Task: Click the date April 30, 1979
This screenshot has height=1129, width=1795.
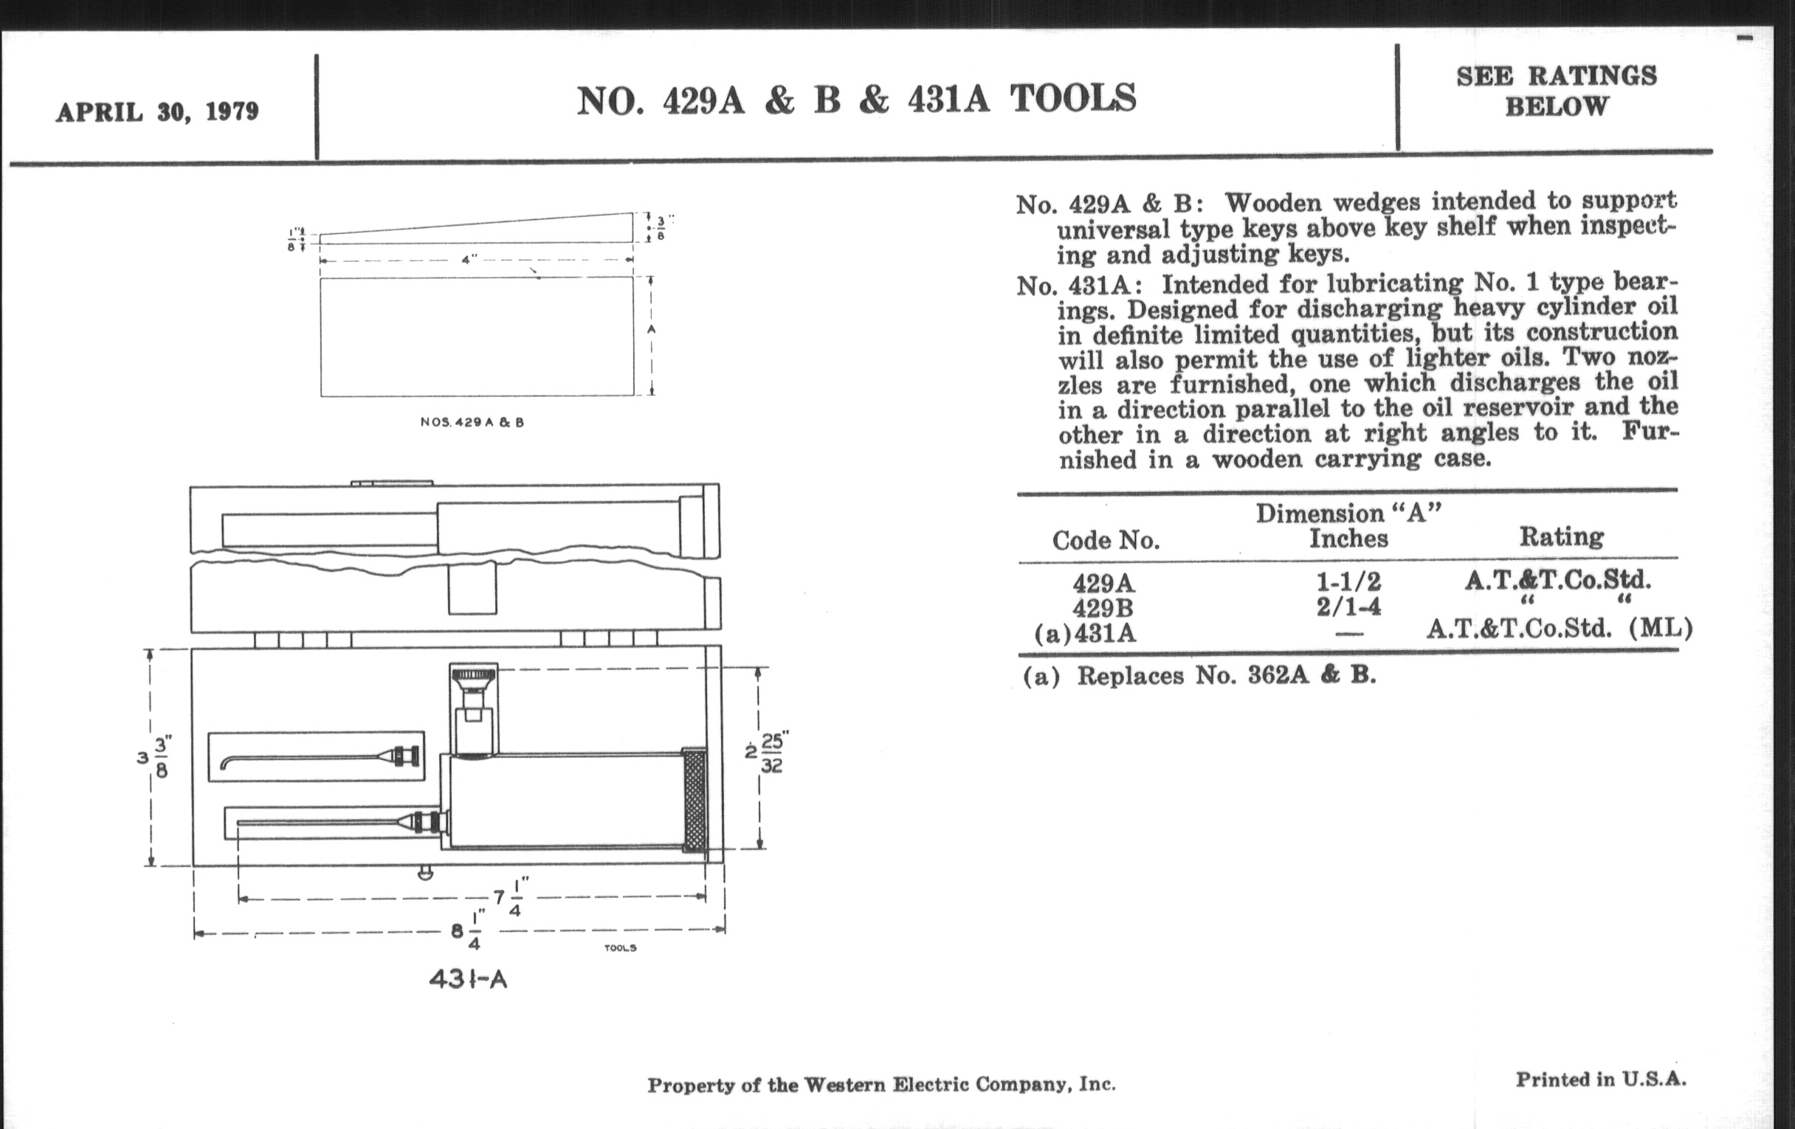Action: coord(157,111)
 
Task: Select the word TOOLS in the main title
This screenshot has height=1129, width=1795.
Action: coord(1072,98)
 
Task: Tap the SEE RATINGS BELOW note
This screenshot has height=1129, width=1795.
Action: coord(1557,91)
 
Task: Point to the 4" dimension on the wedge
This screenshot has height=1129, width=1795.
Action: coord(469,260)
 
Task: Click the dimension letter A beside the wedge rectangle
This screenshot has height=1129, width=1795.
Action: coord(652,329)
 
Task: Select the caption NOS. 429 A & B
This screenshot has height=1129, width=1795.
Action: coord(472,423)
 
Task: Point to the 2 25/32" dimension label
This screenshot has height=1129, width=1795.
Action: coord(767,753)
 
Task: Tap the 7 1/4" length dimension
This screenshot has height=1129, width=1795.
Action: coord(509,897)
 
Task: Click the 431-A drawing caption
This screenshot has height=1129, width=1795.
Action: coord(468,978)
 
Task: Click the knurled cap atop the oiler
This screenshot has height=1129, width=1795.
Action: coord(473,678)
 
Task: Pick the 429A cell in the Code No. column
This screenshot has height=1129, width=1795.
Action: coord(1104,582)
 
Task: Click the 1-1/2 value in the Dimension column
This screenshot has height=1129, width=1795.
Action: coord(1348,581)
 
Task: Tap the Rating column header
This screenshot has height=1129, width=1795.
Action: coord(1562,536)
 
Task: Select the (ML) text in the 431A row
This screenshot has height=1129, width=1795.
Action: coord(1660,629)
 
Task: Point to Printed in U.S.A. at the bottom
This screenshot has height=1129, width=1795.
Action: coord(1600,1080)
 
